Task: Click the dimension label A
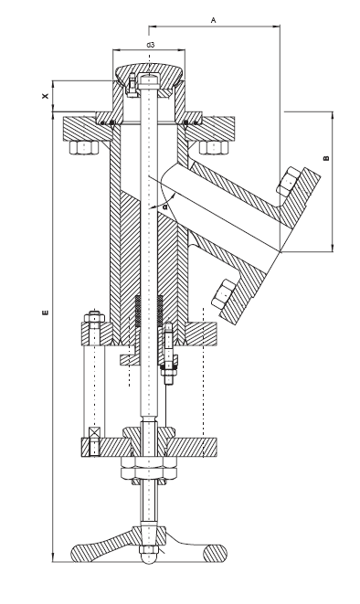tap(214, 17)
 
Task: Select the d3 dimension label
tap(149, 45)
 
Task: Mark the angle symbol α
tap(164, 207)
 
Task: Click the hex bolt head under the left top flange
tap(84, 149)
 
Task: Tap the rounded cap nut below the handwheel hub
tap(149, 555)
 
